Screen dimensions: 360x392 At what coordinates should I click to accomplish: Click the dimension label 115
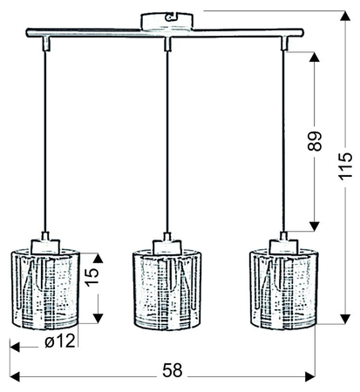346,166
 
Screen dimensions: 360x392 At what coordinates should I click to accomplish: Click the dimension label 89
315,141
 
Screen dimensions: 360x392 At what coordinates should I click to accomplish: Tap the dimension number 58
173,370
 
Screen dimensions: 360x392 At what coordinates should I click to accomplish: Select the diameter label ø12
60,341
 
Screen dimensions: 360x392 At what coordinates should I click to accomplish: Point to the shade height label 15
92,277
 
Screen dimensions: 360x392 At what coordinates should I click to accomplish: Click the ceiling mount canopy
167,21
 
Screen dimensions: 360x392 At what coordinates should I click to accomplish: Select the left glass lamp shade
45,289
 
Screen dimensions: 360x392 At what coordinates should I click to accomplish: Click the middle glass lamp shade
167,289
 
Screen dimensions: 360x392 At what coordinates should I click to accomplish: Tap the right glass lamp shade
283,289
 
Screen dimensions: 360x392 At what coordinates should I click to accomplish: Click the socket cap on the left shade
45,247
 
